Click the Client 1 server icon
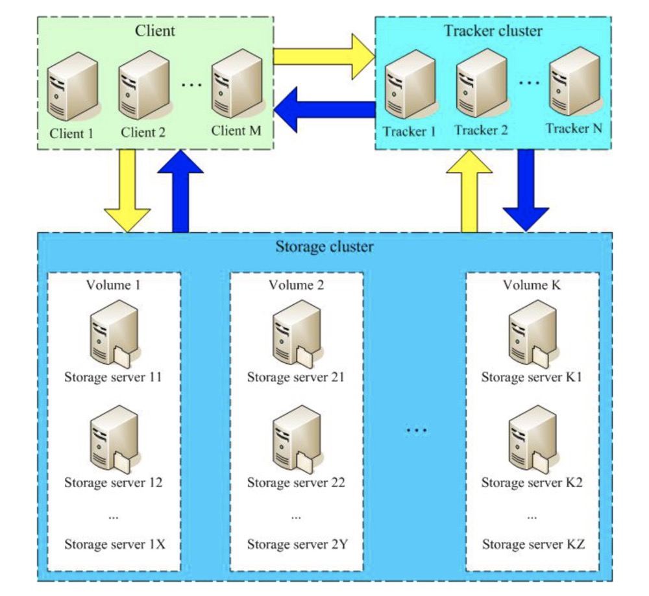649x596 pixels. click(x=72, y=87)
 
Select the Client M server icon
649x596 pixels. click(x=234, y=86)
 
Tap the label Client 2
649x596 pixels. click(x=143, y=132)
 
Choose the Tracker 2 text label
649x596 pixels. click(x=481, y=130)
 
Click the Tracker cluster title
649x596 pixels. click(x=493, y=30)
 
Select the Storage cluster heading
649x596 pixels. click(x=324, y=246)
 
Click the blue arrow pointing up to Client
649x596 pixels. click(x=180, y=191)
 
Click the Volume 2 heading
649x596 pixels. click(x=295, y=284)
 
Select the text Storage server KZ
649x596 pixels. click(x=532, y=543)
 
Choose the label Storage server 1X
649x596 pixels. click(x=114, y=543)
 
